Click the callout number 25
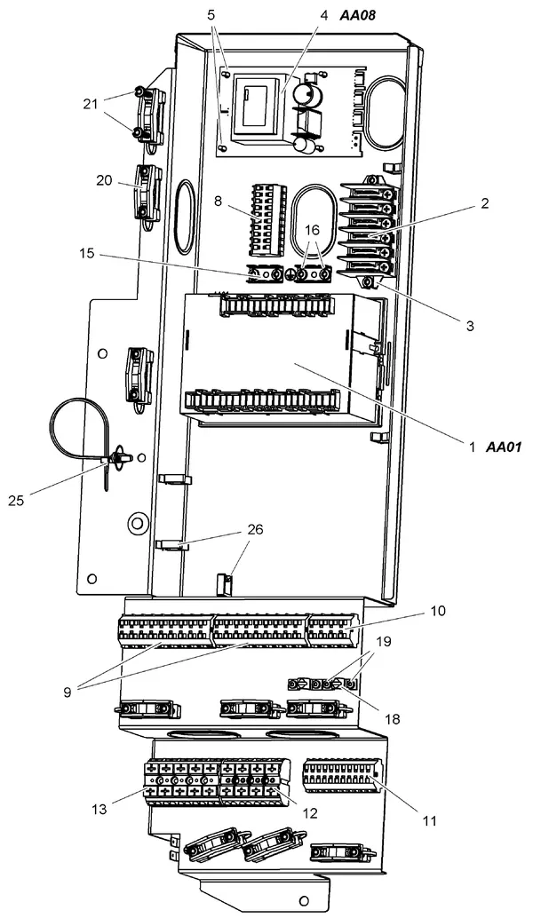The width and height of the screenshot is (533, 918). point(16,501)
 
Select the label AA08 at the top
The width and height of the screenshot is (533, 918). point(357,16)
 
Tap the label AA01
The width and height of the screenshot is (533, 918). point(504,447)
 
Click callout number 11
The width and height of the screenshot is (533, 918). point(430,821)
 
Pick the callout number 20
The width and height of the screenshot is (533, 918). point(104,181)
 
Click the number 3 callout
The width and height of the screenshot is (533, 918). point(470,326)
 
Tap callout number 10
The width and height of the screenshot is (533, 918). point(438,611)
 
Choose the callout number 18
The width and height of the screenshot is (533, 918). point(393,718)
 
